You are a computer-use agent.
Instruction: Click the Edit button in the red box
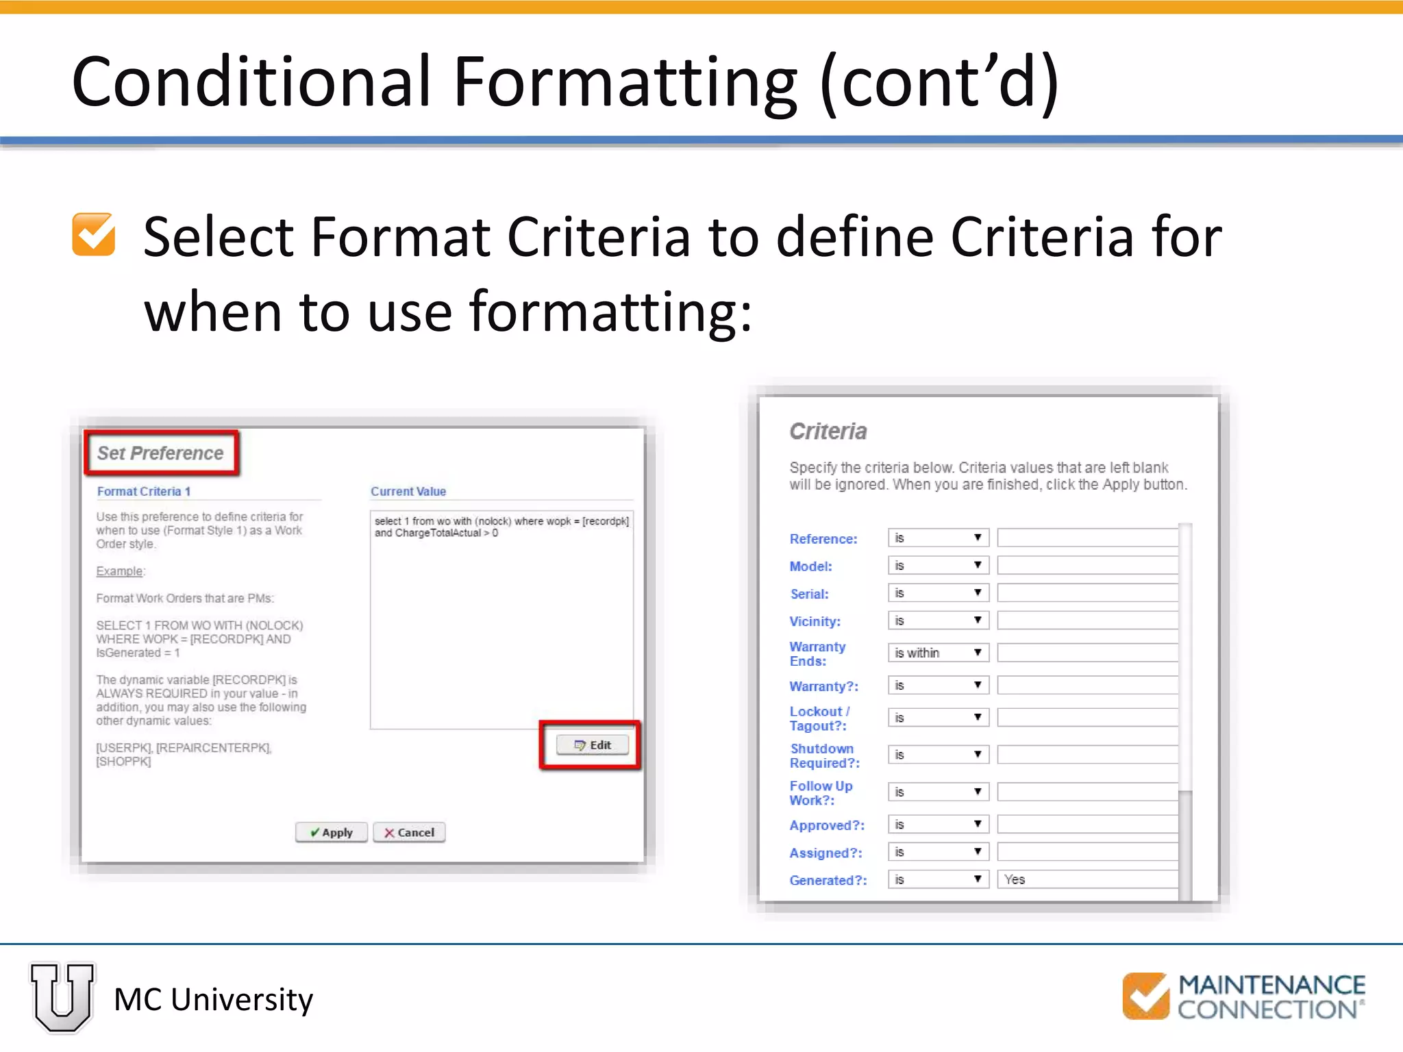593,745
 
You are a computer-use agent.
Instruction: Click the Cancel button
409,832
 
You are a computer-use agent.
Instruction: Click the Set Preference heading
160,453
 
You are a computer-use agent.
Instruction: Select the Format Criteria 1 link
144,491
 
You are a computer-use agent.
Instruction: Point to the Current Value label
408,491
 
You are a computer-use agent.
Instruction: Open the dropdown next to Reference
938,538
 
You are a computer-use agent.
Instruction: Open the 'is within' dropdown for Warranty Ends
938,653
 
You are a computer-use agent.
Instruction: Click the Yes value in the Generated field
1015,879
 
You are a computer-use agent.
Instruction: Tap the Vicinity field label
815,621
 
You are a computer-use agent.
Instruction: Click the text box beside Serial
1087,593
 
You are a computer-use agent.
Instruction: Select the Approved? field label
827,825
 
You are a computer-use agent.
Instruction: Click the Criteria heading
828,431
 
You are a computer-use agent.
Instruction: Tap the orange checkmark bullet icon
94,235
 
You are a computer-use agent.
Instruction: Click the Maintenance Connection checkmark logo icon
1145,996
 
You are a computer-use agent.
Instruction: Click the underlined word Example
120,571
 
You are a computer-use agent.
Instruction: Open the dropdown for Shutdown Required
938,755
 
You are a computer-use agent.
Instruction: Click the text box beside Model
1087,566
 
